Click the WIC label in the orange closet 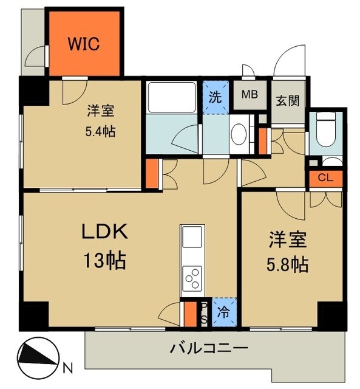84,44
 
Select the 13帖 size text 104,261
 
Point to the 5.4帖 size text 101,131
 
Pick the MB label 250,95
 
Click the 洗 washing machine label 216,95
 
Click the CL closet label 325,178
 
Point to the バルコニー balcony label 208,349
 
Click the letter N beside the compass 68,367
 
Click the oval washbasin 238,133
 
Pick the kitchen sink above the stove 192,237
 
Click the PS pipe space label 204,314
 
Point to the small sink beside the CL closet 333,162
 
